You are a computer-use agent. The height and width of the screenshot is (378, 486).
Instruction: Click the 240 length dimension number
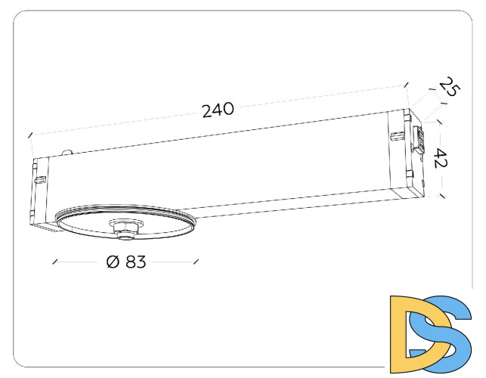pos(218,110)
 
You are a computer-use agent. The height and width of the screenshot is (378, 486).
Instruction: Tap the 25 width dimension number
pos(450,88)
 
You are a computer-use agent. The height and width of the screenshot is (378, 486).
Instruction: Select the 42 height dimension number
pos(441,158)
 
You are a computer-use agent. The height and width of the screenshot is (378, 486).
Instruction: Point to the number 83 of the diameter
pos(135,262)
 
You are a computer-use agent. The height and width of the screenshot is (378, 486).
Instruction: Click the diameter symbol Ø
pos(113,262)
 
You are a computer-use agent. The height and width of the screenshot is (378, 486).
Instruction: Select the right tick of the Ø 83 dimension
pos(197,262)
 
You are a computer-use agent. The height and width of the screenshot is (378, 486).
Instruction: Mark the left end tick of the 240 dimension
pos(30,135)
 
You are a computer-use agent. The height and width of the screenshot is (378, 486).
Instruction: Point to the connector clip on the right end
pos(417,141)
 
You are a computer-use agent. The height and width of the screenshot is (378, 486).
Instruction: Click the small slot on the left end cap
pos(41,180)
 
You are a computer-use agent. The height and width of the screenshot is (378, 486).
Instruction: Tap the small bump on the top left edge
pos(69,152)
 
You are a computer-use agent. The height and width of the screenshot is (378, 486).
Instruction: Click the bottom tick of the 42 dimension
pos(442,195)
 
